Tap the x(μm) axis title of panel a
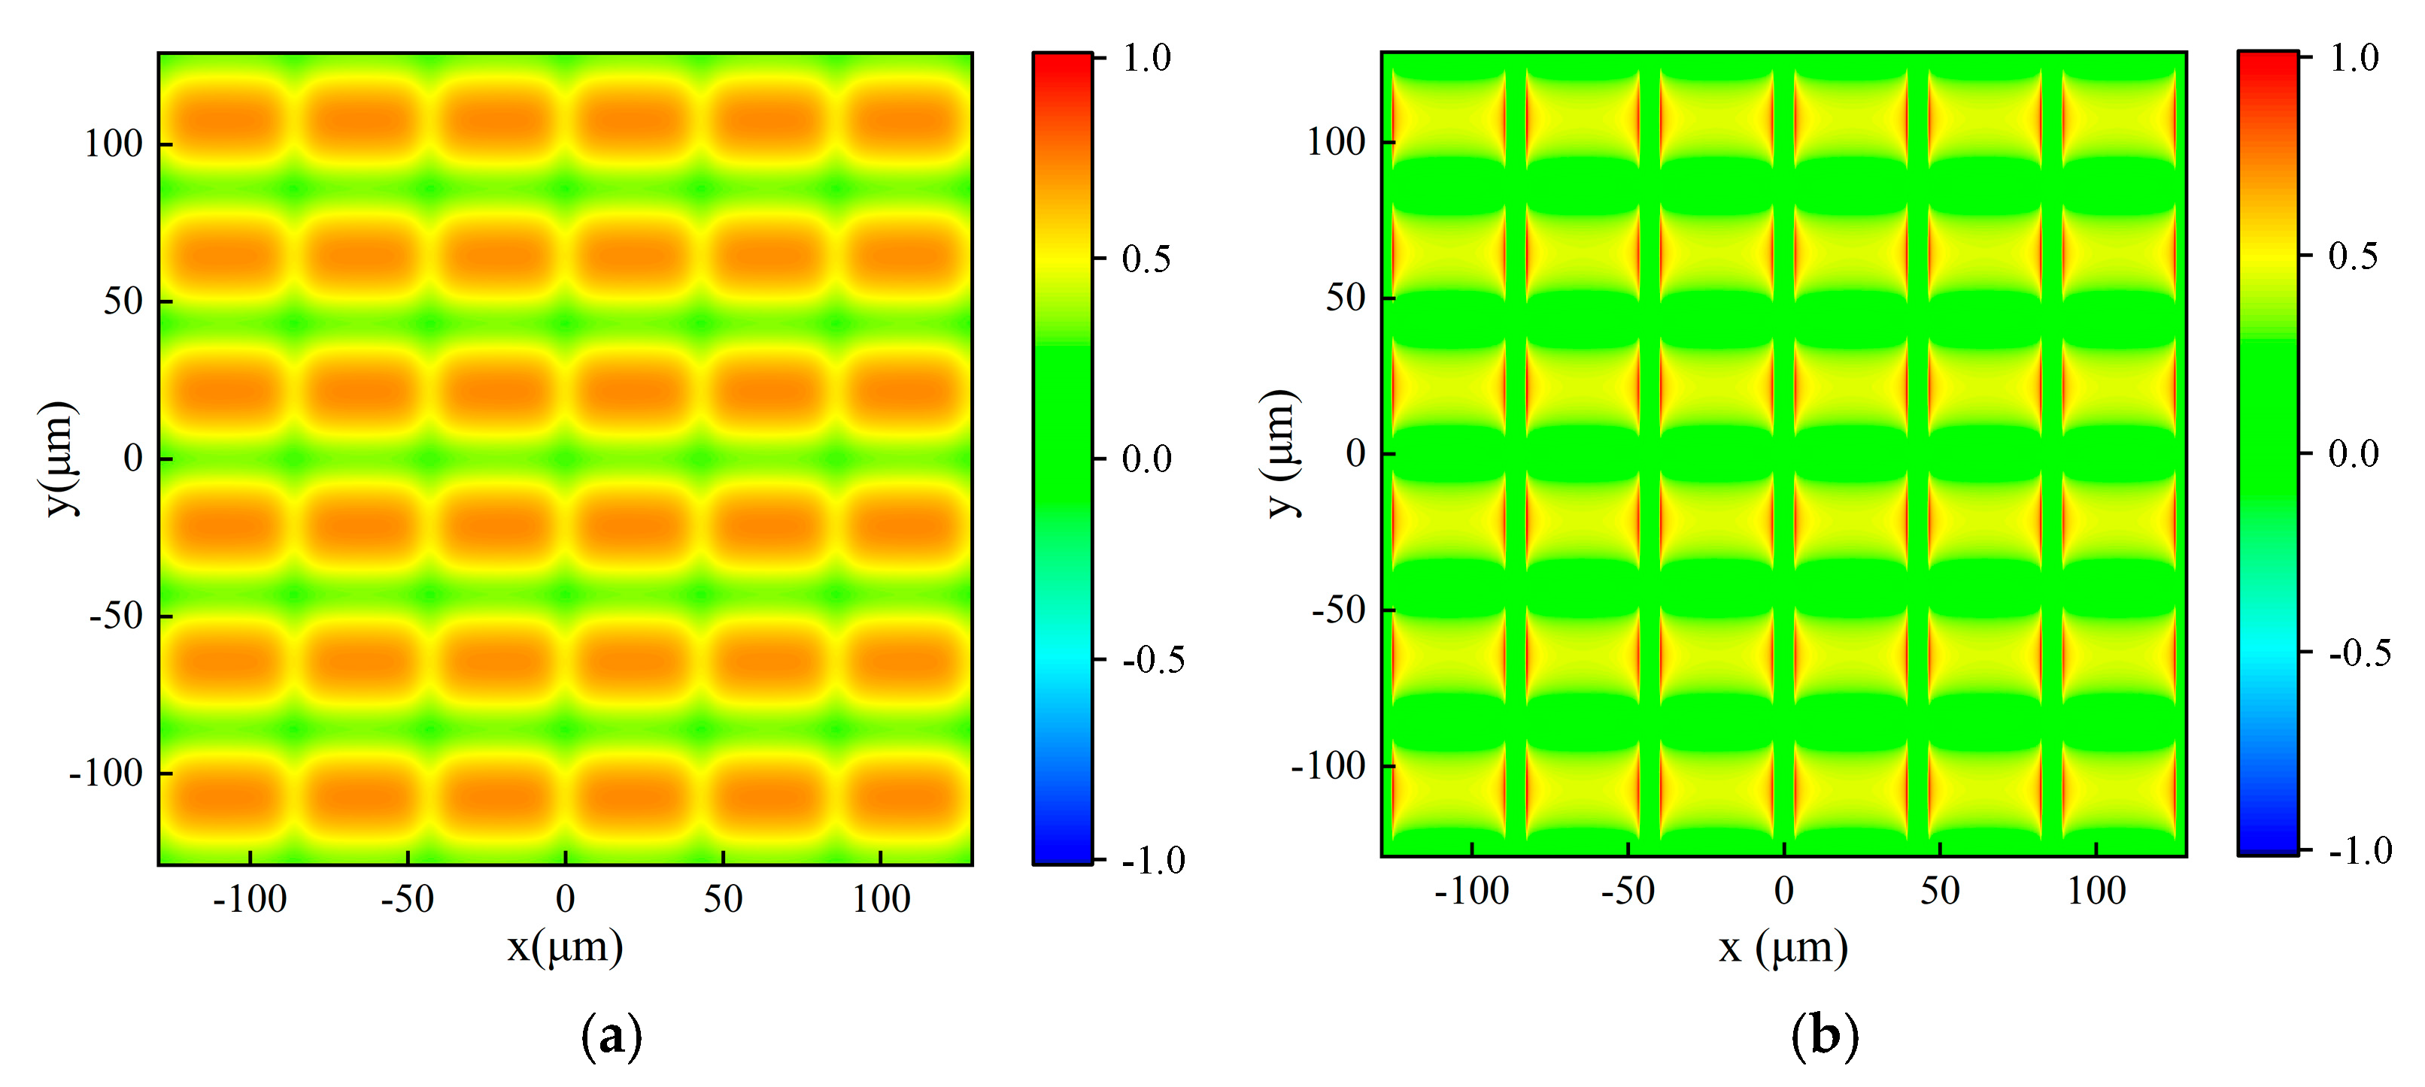565,946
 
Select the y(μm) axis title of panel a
59,459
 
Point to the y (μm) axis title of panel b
1280,453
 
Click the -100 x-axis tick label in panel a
250,899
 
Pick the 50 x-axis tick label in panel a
723,899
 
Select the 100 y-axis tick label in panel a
113,144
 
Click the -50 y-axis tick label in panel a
116,616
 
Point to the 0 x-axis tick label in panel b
1784,890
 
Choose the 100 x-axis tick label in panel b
2096,890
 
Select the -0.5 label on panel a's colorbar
1153,660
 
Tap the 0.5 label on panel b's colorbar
2353,255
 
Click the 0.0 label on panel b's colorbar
2353,453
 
